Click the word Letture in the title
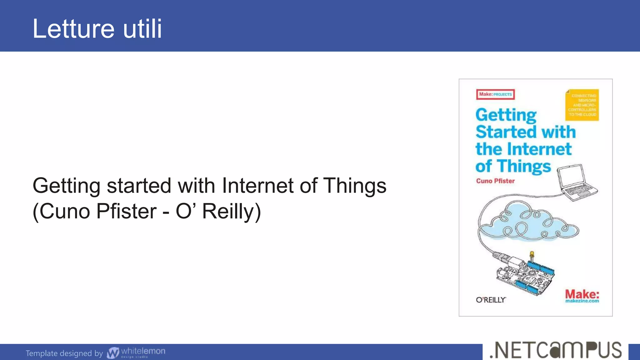click(74, 29)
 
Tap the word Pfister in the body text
click(126, 211)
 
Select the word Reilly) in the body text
click(231, 211)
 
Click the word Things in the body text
click(354, 186)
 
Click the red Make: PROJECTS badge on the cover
click(495, 94)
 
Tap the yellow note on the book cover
click(582, 105)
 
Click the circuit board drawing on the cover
click(525, 275)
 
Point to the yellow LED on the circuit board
click(532, 254)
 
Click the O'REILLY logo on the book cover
click(491, 300)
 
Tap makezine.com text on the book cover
click(582, 301)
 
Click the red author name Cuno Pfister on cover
click(495, 181)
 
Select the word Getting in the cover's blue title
click(506, 115)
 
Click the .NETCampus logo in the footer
click(555, 351)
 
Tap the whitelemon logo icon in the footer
click(113, 353)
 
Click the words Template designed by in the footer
click(64, 353)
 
